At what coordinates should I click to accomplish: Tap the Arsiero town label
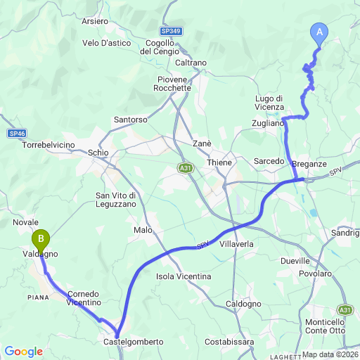pyautogui.click(x=95, y=22)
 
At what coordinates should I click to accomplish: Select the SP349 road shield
pyautogui.click(x=169, y=32)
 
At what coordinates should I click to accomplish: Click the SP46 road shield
pyautogui.click(x=18, y=133)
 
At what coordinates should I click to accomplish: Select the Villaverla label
pyautogui.click(x=236, y=243)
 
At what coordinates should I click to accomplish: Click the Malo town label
pyautogui.click(x=142, y=230)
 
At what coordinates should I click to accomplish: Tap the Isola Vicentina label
pyautogui.click(x=184, y=276)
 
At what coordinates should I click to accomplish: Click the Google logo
pyautogui.click(x=23, y=351)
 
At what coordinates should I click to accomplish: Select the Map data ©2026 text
pyautogui.click(x=330, y=354)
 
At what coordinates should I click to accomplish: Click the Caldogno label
pyautogui.click(x=244, y=304)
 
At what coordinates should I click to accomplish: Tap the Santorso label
pyautogui.click(x=131, y=120)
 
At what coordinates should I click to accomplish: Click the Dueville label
pyautogui.click(x=295, y=259)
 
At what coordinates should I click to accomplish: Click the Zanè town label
pyautogui.click(x=202, y=143)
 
